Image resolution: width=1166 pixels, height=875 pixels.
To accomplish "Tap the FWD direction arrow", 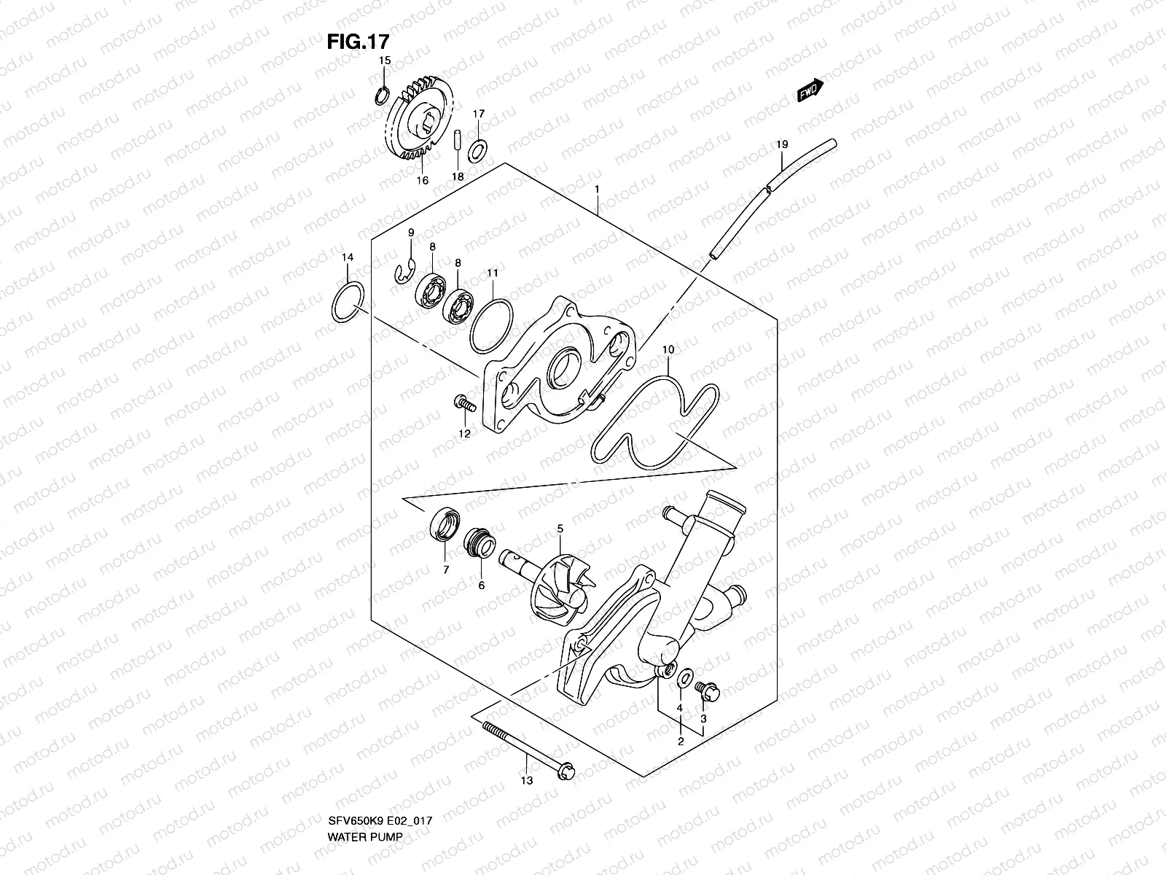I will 810,90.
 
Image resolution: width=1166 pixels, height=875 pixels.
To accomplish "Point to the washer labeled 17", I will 478,151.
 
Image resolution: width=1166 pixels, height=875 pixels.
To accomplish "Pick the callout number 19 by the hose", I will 781,145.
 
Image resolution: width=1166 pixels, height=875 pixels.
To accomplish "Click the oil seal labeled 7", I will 445,526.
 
